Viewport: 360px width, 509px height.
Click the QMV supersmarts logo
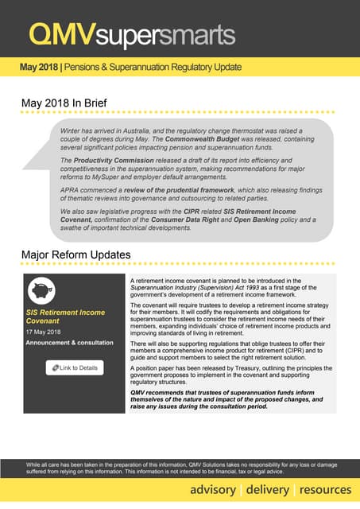[x=131, y=34]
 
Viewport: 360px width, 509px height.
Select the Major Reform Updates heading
[x=75, y=254]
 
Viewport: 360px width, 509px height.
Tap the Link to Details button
[x=75, y=367]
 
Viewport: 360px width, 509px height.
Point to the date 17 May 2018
[x=44, y=331]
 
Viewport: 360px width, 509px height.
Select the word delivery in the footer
[x=268, y=488]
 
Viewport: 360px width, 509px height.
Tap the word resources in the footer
[x=326, y=488]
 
